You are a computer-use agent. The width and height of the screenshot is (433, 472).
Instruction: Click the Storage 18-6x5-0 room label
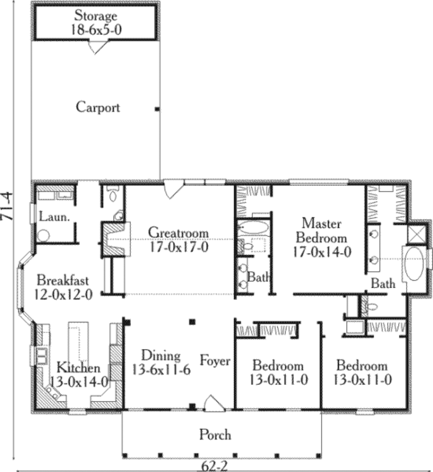[96, 23]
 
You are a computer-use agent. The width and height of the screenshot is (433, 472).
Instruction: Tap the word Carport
[98, 107]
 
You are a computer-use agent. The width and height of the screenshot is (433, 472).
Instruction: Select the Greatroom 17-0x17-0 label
[178, 240]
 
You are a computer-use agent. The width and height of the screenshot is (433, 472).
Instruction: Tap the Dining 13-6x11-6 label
[161, 363]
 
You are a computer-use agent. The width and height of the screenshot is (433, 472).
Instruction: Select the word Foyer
[215, 361]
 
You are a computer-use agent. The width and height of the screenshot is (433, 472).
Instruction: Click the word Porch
[215, 434]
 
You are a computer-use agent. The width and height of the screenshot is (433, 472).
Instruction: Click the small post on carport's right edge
[157, 109]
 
